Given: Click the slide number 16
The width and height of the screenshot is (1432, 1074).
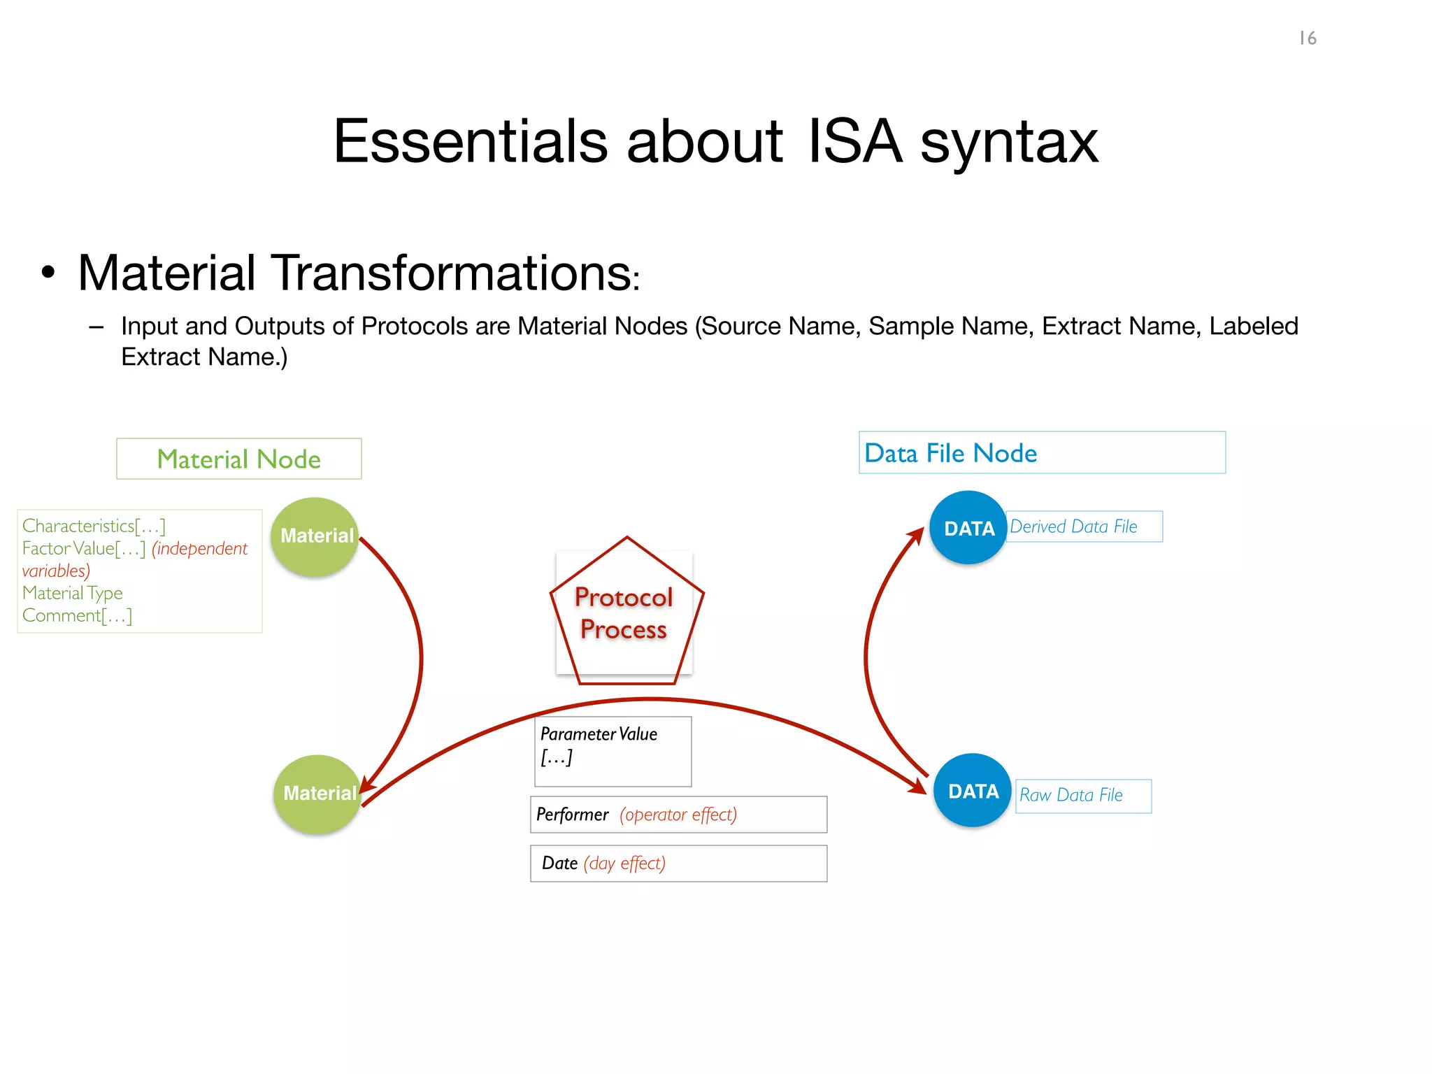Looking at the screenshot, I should (x=1308, y=38).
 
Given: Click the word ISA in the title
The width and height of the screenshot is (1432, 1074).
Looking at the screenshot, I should (x=854, y=142).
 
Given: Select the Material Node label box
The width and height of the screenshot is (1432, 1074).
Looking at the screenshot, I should (x=239, y=459).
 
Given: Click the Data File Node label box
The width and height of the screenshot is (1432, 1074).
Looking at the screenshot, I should (x=1041, y=453).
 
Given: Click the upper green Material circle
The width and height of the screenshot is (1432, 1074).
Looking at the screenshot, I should (x=315, y=536).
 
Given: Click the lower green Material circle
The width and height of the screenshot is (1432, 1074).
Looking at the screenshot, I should (x=318, y=794).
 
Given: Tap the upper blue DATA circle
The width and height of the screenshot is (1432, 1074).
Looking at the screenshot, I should (x=968, y=528).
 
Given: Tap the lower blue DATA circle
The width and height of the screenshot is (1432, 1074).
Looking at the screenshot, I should (x=972, y=791).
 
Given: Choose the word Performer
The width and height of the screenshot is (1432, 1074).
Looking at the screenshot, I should (x=572, y=815).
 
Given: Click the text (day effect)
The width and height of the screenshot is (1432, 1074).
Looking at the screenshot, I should (x=624, y=864).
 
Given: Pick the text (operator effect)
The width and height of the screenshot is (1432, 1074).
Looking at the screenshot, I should (x=678, y=815).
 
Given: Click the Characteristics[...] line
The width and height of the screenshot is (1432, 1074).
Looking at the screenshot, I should (x=94, y=526).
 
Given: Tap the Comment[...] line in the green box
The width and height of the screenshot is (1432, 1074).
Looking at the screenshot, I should (x=77, y=616).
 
